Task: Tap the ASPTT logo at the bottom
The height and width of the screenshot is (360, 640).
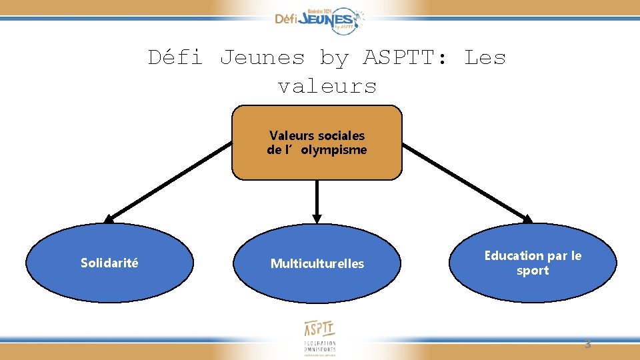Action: click(320, 337)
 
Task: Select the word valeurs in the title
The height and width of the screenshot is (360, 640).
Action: click(327, 87)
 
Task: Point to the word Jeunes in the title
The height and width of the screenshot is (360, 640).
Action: click(262, 58)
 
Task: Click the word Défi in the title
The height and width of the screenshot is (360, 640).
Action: click(175, 58)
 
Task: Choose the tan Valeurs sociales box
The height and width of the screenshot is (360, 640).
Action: click(317, 143)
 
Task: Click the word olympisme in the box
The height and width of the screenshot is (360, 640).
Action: click(333, 150)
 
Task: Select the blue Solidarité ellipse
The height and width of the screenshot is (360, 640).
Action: click(110, 263)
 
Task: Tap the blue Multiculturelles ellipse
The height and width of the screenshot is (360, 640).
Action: click(317, 263)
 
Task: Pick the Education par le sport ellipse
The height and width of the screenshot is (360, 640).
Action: click(533, 263)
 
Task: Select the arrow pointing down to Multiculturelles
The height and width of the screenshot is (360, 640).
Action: click(317, 201)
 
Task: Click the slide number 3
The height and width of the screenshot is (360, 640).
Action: click(587, 345)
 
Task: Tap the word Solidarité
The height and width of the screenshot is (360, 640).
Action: click(110, 263)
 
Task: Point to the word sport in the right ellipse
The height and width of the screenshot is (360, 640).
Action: click(533, 271)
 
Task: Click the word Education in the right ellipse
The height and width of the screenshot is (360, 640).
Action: click(514, 255)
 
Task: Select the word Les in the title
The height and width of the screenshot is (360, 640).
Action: click(485, 58)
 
